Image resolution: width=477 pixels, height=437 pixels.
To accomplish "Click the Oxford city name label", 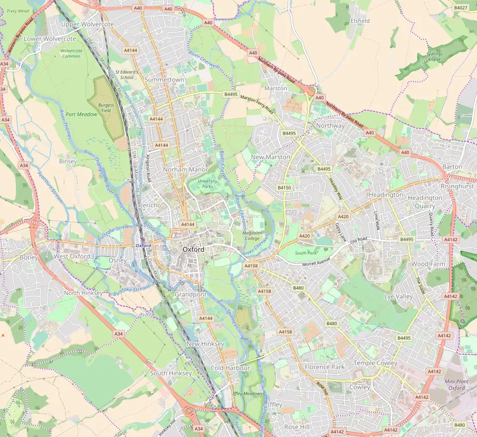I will [193, 249].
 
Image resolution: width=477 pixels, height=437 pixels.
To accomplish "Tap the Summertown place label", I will [164, 80].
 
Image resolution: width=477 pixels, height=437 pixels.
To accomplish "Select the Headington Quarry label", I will [425, 201].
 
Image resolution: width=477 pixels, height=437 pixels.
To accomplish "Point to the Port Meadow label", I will [81, 114].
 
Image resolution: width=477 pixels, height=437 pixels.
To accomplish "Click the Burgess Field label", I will [106, 108].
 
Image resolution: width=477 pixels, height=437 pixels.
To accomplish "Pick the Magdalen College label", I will [251, 236].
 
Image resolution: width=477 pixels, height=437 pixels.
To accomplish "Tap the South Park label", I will [306, 253].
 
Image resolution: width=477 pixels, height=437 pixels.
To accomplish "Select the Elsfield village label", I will [360, 21].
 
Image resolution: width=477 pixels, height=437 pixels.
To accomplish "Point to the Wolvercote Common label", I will [71, 53].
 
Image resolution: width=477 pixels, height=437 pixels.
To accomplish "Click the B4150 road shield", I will [284, 187].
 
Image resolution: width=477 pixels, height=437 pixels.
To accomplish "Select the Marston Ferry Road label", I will [257, 102].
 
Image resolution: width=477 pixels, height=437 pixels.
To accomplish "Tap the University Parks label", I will [207, 183].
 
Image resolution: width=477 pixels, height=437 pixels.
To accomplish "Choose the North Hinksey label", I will [83, 293].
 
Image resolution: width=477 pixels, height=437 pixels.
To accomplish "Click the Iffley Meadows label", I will [247, 393].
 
